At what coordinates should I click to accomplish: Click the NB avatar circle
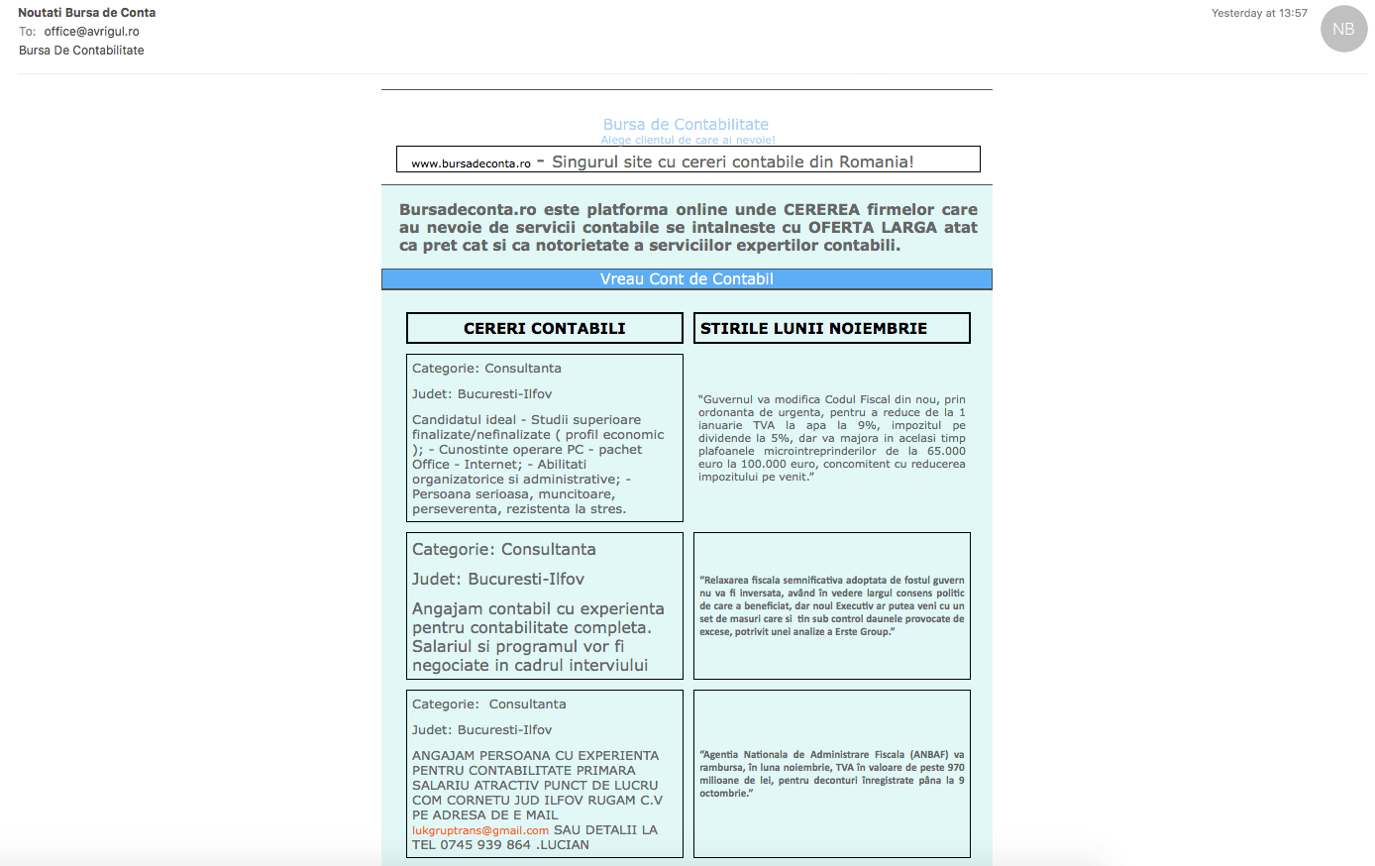[1343, 29]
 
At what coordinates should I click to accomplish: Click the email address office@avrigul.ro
[91, 32]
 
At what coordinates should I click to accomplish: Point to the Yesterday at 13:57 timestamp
[1258, 14]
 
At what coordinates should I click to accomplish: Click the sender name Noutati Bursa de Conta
[87, 13]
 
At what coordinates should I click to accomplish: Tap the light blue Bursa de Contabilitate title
[686, 125]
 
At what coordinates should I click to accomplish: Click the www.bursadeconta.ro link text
[471, 163]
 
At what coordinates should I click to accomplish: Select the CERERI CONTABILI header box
[544, 328]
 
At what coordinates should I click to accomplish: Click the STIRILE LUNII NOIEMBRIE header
[813, 328]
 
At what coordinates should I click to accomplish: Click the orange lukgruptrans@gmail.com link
[480, 830]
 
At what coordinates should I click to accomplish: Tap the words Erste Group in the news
[862, 632]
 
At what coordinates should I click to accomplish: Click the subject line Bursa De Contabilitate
[81, 51]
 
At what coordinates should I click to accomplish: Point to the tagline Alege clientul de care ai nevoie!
[687, 141]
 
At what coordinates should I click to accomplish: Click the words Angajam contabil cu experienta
[538, 608]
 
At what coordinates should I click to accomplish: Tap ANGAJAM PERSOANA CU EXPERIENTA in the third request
[535, 756]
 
